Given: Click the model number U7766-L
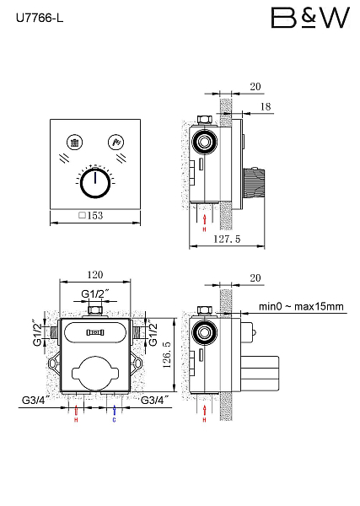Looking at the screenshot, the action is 40,19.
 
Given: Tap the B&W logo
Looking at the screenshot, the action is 310,18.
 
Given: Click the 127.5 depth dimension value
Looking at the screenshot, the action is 227,240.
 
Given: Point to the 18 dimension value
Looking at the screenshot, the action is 266,106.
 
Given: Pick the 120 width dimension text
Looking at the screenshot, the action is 95,275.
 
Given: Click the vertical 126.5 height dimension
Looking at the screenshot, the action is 167,355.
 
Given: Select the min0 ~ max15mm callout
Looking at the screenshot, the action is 301,306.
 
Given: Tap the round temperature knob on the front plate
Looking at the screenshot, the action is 95,182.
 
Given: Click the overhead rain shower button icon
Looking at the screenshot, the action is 75,143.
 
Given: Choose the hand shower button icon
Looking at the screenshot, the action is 116,143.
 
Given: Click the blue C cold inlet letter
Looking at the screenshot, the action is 114,420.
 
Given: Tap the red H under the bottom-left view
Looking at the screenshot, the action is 76,420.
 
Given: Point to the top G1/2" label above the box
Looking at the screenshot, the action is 94,294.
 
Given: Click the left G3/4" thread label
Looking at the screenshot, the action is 35,400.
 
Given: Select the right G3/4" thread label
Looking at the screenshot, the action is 155,400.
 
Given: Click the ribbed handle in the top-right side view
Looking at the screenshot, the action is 254,183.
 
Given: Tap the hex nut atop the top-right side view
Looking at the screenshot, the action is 205,120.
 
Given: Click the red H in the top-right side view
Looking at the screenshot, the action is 205,229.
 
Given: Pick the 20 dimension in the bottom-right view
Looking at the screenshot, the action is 255,277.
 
